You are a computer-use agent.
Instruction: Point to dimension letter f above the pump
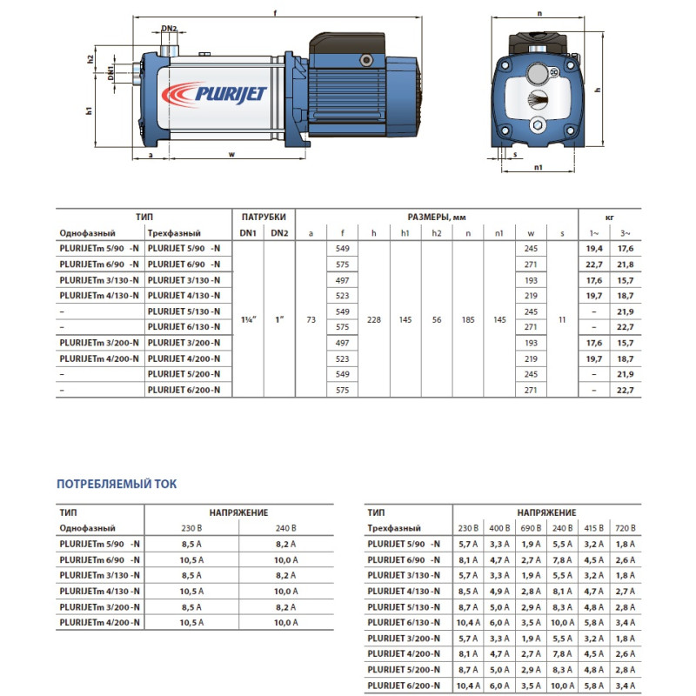click(x=275, y=12)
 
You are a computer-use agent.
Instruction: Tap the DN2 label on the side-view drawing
click(x=170, y=29)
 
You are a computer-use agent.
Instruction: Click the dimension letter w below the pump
click(x=231, y=155)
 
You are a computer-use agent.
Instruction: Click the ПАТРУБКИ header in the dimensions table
click(x=263, y=216)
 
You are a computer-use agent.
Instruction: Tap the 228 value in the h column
click(x=373, y=319)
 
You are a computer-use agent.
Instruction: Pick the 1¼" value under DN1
click(x=248, y=319)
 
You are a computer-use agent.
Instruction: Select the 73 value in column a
click(x=311, y=319)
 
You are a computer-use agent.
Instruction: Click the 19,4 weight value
click(x=594, y=248)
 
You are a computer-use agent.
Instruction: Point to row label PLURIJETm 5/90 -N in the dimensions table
click(x=97, y=248)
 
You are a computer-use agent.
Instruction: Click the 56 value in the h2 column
click(x=436, y=319)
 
